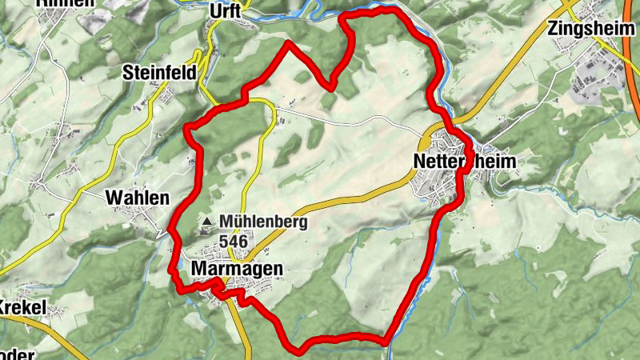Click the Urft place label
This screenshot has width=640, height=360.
[225, 10]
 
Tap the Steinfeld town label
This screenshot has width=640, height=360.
[159, 73]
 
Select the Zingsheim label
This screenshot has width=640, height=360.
[586, 30]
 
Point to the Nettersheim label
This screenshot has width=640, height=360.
[466, 162]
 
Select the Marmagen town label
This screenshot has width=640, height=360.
[238, 270]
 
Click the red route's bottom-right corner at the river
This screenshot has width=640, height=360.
[386, 342]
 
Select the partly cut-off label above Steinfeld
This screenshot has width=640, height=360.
[64, 3]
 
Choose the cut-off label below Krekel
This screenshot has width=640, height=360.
[18, 354]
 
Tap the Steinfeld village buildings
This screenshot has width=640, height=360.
[164, 98]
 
